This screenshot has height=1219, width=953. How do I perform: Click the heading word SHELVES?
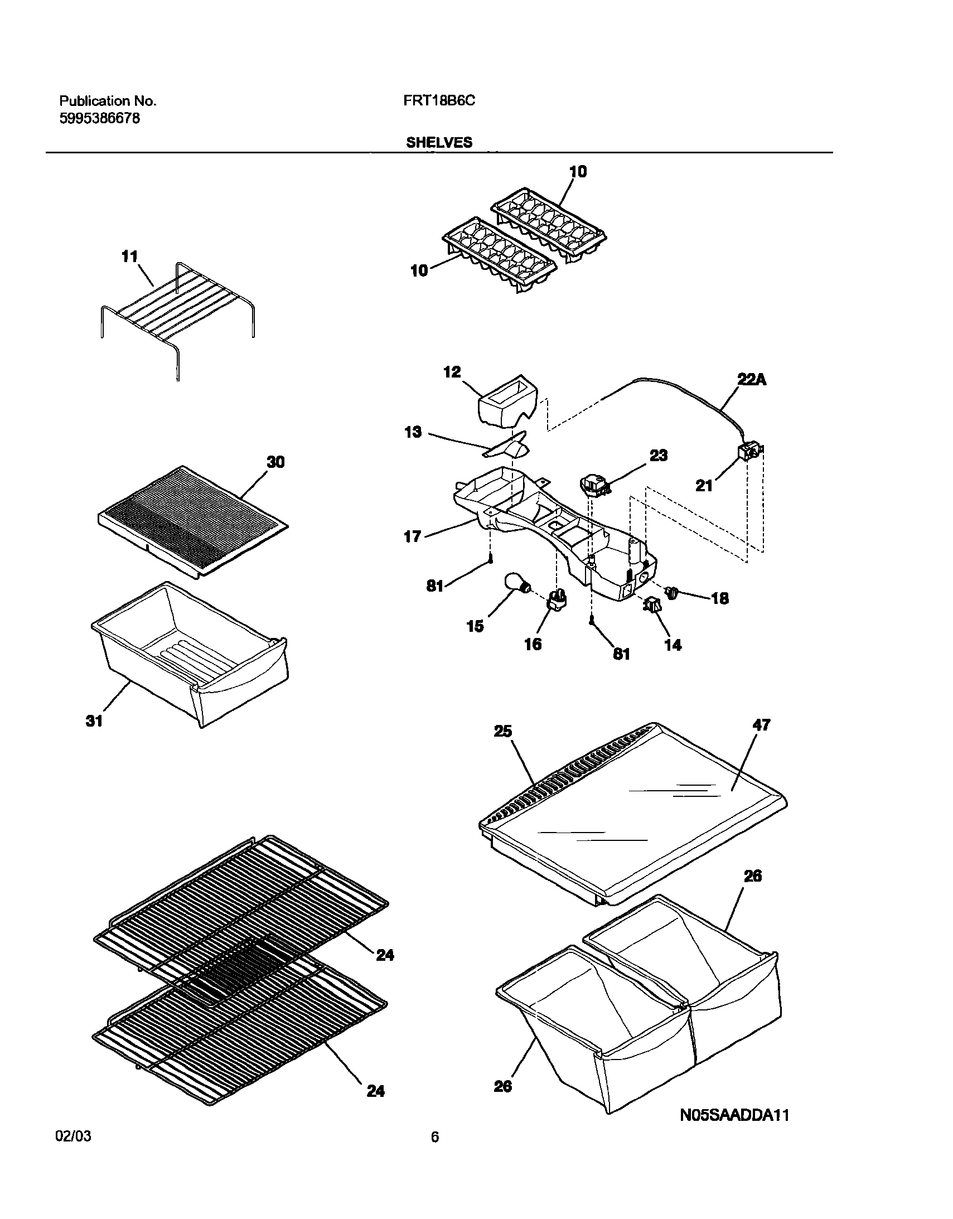[439, 143]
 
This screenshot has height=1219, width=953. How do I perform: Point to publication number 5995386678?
[99, 118]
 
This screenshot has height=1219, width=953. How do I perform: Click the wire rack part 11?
[177, 313]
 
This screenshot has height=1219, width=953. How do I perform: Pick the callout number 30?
[275, 462]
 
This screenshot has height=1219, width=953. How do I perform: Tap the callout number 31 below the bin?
[94, 721]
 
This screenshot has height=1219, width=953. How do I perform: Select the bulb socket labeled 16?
[557, 598]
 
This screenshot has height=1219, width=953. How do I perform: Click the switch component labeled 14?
[652, 604]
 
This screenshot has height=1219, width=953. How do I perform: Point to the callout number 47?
[762, 725]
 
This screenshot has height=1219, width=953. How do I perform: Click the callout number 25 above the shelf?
[503, 731]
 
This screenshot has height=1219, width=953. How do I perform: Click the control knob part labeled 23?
[593, 483]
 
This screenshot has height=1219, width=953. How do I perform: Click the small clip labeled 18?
[673, 593]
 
